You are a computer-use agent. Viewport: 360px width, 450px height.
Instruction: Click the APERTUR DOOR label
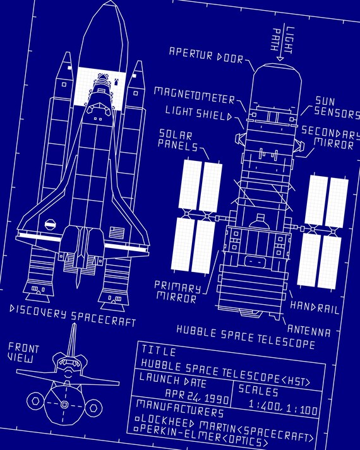tap(206, 55)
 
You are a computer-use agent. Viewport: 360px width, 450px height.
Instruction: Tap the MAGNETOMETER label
tap(195, 95)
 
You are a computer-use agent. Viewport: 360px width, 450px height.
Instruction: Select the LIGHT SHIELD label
tap(199, 112)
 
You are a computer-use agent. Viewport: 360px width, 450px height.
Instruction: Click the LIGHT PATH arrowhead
tap(280, 59)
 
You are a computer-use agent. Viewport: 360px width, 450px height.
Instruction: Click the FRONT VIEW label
tap(23, 353)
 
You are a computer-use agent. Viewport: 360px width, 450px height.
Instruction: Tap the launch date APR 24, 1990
tap(197, 396)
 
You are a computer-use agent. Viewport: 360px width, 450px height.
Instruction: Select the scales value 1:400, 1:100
tap(283, 406)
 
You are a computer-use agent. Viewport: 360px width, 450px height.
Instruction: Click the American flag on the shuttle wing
tap(117, 232)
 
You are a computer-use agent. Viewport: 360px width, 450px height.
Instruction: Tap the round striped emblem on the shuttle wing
tap(51, 225)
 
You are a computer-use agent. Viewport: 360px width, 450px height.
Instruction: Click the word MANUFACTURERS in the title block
tap(180, 408)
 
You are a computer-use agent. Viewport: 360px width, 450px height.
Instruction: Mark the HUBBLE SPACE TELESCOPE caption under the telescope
tap(246, 337)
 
